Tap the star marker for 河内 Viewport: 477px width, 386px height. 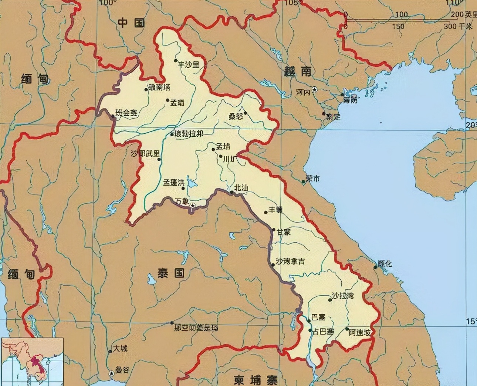pyautogui.click(x=315, y=89)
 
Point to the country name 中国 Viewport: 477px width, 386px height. pyautogui.click(x=131, y=23)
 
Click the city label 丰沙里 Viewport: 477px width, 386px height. pyautogui.click(x=189, y=64)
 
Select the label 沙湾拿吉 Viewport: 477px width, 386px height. pyautogui.click(x=291, y=261)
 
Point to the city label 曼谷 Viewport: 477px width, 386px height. pyautogui.click(x=122, y=370)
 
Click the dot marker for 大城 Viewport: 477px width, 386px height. pyautogui.click(x=110, y=352)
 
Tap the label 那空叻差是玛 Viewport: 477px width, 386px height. pyautogui.click(x=196, y=328)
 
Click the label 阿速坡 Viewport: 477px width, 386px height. pyautogui.click(x=359, y=333)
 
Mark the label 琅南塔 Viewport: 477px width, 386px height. pyautogui.click(x=159, y=87)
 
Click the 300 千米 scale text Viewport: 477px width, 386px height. pyautogui.click(x=458, y=27)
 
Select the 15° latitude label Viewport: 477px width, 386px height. pyautogui.click(x=471, y=322)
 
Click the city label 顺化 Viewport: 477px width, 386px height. pyautogui.click(x=385, y=264)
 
